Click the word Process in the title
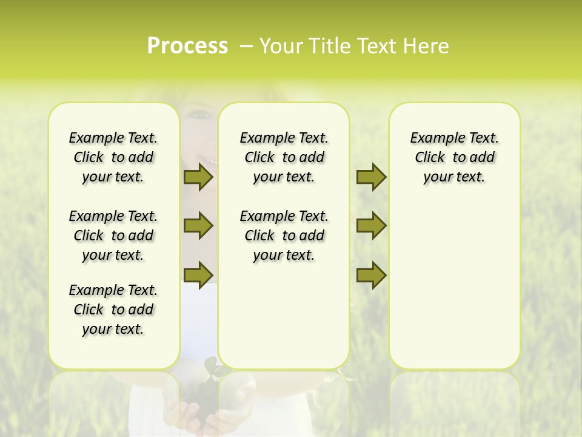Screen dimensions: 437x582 pos(187,46)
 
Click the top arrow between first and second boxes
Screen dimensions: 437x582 pos(198,177)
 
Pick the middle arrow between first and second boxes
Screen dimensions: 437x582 pos(198,226)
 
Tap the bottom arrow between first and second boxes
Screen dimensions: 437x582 pos(198,275)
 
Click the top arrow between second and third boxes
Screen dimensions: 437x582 pos(371,177)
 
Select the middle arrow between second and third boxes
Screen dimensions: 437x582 pos(371,226)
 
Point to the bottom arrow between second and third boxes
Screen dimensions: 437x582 pos(371,275)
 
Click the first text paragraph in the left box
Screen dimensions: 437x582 pos(113,157)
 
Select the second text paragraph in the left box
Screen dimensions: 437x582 pos(113,235)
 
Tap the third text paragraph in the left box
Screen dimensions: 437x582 pos(113,310)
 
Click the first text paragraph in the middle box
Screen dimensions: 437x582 pos(284,157)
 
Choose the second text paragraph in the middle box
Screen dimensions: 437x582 pos(284,235)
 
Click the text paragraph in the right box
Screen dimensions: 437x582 pos(454,157)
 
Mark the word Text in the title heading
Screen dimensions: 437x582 pos(375,46)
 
